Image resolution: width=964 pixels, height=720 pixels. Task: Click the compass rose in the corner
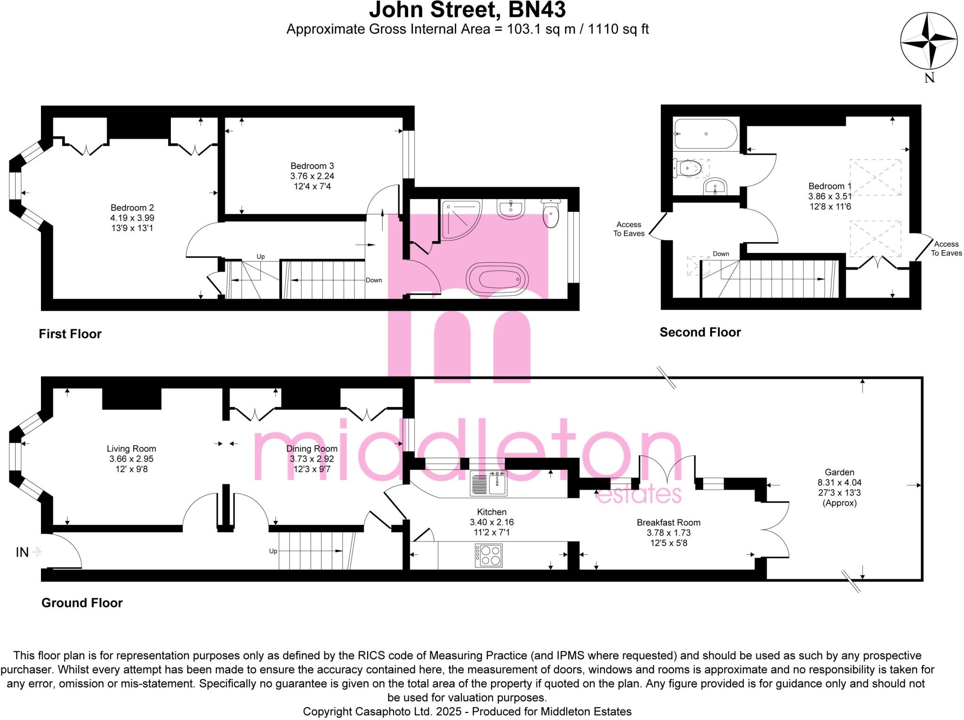click(x=929, y=41)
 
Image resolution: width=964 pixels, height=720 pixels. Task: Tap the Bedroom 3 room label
click(x=312, y=166)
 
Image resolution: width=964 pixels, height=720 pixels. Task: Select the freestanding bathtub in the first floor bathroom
click(x=497, y=279)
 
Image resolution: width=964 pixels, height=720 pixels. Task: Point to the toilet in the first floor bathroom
click(x=551, y=213)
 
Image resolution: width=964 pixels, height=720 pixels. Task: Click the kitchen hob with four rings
click(x=489, y=556)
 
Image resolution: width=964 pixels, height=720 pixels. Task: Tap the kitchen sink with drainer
click(x=489, y=484)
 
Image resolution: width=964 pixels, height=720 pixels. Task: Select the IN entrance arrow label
click(x=23, y=552)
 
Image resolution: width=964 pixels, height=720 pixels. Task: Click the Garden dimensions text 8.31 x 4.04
click(x=839, y=483)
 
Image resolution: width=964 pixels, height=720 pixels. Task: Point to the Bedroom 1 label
click(x=830, y=186)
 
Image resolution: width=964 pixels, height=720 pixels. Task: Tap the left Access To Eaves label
click(x=629, y=229)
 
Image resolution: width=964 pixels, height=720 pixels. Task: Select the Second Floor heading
click(x=700, y=332)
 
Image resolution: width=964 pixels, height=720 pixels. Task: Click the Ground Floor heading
click(x=82, y=603)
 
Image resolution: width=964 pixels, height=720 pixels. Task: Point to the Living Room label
click(x=131, y=449)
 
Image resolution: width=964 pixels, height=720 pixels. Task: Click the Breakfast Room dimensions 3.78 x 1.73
click(x=668, y=533)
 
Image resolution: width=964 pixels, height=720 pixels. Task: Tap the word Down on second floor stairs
click(x=721, y=254)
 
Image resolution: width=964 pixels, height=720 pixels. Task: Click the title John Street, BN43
click(x=467, y=10)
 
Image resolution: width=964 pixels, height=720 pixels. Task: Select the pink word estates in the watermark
click(x=639, y=494)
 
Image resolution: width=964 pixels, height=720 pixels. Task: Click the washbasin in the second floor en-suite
click(x=715, y=186)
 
